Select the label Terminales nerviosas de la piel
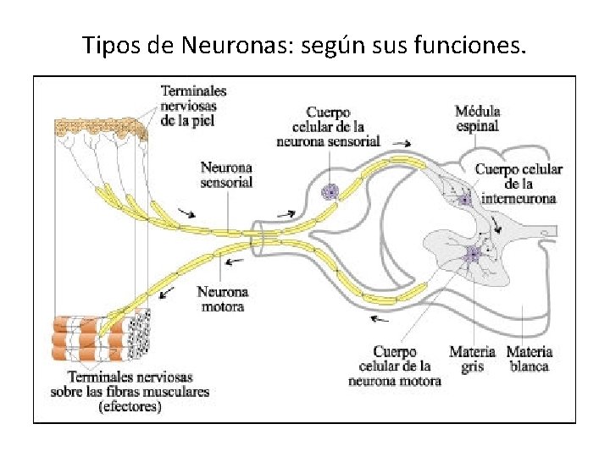click(193, 105)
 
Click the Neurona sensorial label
click(226, 174)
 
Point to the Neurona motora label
click(222, 300)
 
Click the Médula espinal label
click(478, 118)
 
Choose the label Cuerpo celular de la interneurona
click(518, 184)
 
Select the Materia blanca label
click(530, 359)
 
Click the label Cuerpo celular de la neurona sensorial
click(328, 127)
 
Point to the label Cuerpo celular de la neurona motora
click(395, 366)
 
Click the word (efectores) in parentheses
click(130, 406)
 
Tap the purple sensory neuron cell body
click(329, 192)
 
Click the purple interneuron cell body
click(465, 200)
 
